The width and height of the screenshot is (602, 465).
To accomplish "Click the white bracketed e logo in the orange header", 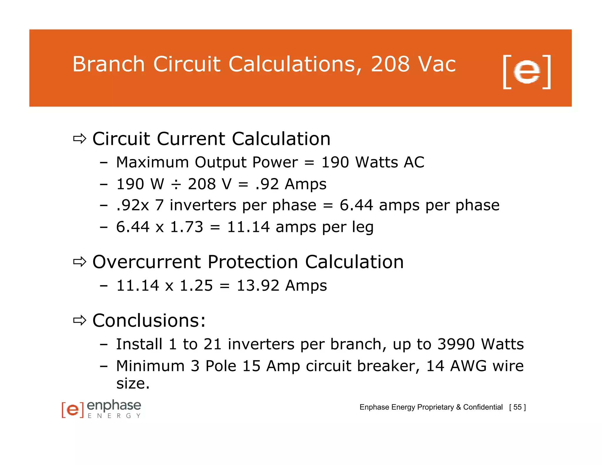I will [x=527, y=72].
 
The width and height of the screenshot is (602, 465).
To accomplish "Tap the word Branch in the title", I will [x=108, y=64].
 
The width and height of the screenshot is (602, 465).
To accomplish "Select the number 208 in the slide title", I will [x=390, y=64].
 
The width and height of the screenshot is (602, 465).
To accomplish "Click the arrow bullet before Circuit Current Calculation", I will [x=79, y=138].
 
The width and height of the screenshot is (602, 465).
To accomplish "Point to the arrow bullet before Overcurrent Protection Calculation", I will [x=79, y=262].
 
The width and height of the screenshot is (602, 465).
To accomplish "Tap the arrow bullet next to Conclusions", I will [x=79, y=320].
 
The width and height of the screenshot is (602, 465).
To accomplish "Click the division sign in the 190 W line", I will [x=176, y=185].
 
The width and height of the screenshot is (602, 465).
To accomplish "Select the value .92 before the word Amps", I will [x=267, y=184].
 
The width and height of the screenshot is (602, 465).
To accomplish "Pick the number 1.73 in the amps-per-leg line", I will [x=187, y=227].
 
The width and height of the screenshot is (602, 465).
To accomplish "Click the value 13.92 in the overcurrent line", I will [x=258, y=286].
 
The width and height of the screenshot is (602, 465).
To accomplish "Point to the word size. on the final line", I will [x=133, y=384].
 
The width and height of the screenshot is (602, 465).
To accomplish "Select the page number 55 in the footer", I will [x=517, y=407].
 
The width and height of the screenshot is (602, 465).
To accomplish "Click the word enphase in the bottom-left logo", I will [x=114, y=406].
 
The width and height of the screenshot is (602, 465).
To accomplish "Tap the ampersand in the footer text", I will [x=458, y=407].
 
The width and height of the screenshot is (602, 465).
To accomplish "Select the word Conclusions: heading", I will [x=149, y=320].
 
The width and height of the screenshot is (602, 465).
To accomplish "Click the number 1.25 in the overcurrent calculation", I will [x=196, y=286].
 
